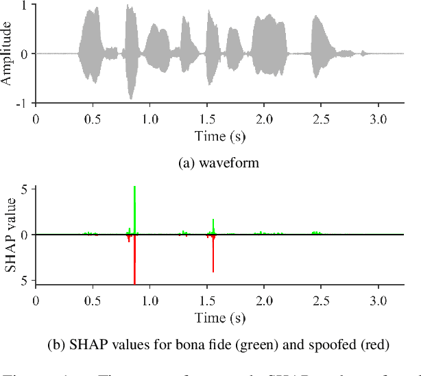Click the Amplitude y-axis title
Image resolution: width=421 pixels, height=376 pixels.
pyautogui.click(x=7, y=54)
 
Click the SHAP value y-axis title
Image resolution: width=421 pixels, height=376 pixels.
pyautogui.click(x=10, y=235)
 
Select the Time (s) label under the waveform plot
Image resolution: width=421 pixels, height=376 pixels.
pyautogui.click(x=220, y=135)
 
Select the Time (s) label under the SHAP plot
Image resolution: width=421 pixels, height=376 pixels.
pyautogui.click(x=220, y=317)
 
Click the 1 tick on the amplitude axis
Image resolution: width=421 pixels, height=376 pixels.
pyautogui.click(x=25, y=5)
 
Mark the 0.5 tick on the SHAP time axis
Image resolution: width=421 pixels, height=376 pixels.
pyautogui.click(x=93, y=300)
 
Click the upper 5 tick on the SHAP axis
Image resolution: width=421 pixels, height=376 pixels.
pyautogui.click(x=25, y=189)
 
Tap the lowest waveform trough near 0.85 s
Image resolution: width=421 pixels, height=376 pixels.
pyautogui.click(x=131, y=98)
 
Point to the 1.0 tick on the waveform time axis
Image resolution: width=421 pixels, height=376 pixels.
pyautogui.click(x=149, y=118)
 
